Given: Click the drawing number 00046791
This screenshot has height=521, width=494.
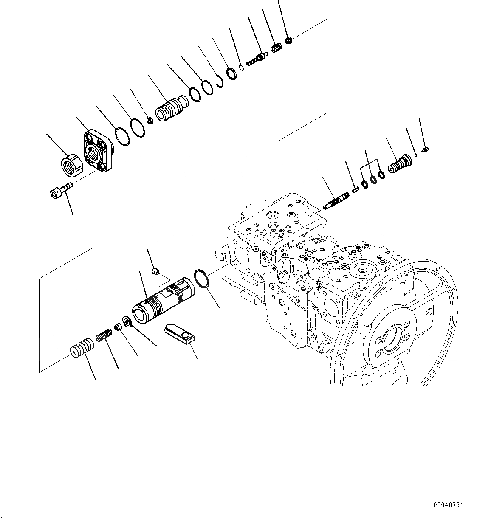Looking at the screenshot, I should (x=448, y=505).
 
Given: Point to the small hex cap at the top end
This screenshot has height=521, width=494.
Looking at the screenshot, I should (x=289, y=41).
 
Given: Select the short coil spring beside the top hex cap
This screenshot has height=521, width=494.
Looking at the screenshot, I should (x=277, y=48).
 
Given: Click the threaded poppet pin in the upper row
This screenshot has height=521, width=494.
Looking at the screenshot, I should (x=257, y=58).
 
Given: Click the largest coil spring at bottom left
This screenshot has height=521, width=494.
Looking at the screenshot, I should (x=80, y=347).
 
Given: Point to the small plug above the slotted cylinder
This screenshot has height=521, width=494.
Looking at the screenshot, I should (x=156, y=270).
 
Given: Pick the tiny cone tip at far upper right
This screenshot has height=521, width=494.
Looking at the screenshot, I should (x=426, y=149).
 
